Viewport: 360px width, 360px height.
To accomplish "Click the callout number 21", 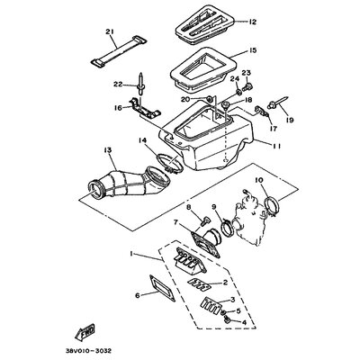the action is (x=110, y=31).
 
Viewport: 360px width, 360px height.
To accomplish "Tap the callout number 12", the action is (x=252, y=22).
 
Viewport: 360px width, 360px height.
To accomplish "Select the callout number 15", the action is (x=253, y=50).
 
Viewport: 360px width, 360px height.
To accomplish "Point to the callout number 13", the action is (x=107, y=149).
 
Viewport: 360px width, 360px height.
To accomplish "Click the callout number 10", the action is (x=259, y=180).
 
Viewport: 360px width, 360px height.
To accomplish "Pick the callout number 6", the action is (x=138, y=295).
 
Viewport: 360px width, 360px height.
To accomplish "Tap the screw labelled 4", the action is (x=227, y=320).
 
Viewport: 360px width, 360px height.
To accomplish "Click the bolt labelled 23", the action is (x=248, y=87).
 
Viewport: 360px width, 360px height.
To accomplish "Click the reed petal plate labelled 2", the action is (x=198, y=283).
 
